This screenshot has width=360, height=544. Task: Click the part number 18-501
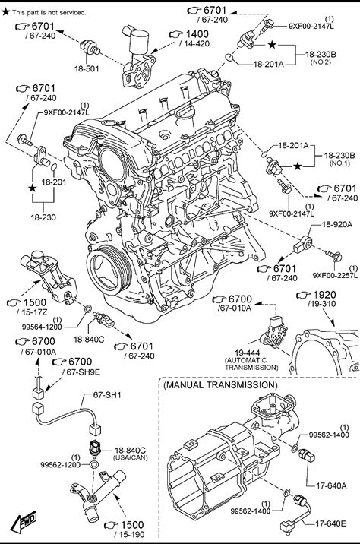tap(87, 68)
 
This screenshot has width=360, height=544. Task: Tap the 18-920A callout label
tap(336, 224)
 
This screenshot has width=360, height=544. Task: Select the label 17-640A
tap(331, 485)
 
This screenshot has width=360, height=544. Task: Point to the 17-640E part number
tap(330, 523)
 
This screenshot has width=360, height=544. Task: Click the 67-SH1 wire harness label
tap(107, 395)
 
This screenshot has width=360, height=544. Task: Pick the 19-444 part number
tap(248, 353)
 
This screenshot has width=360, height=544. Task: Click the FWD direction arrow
tap(24, 522)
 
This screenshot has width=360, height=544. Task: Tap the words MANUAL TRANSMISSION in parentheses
tap(220, 384)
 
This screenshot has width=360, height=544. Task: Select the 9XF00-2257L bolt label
tap(335, 276)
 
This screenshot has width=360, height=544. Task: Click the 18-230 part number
tap(43, 217)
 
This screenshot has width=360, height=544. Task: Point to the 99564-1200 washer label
tap(42, 327)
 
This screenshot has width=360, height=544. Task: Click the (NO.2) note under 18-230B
tap(321, 62)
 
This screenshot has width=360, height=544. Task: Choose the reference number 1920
tap(324, 295)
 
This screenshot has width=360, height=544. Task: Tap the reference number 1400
tap(197, 34)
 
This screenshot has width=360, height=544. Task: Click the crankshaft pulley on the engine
tap(109, 270)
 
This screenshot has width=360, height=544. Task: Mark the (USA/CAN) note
tap(130, 457)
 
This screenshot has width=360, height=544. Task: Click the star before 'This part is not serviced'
tap(5, 12)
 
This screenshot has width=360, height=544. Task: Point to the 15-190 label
tap(129, 535)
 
